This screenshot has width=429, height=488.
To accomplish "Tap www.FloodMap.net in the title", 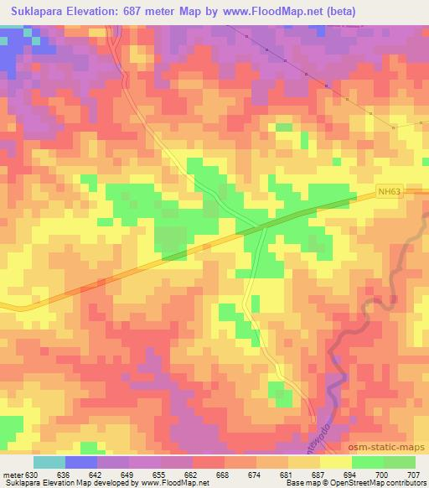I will tap(277, 12).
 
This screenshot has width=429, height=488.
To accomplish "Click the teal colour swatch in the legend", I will tap(49, 462).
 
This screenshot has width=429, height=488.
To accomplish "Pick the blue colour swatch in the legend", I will tap(80, 462).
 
